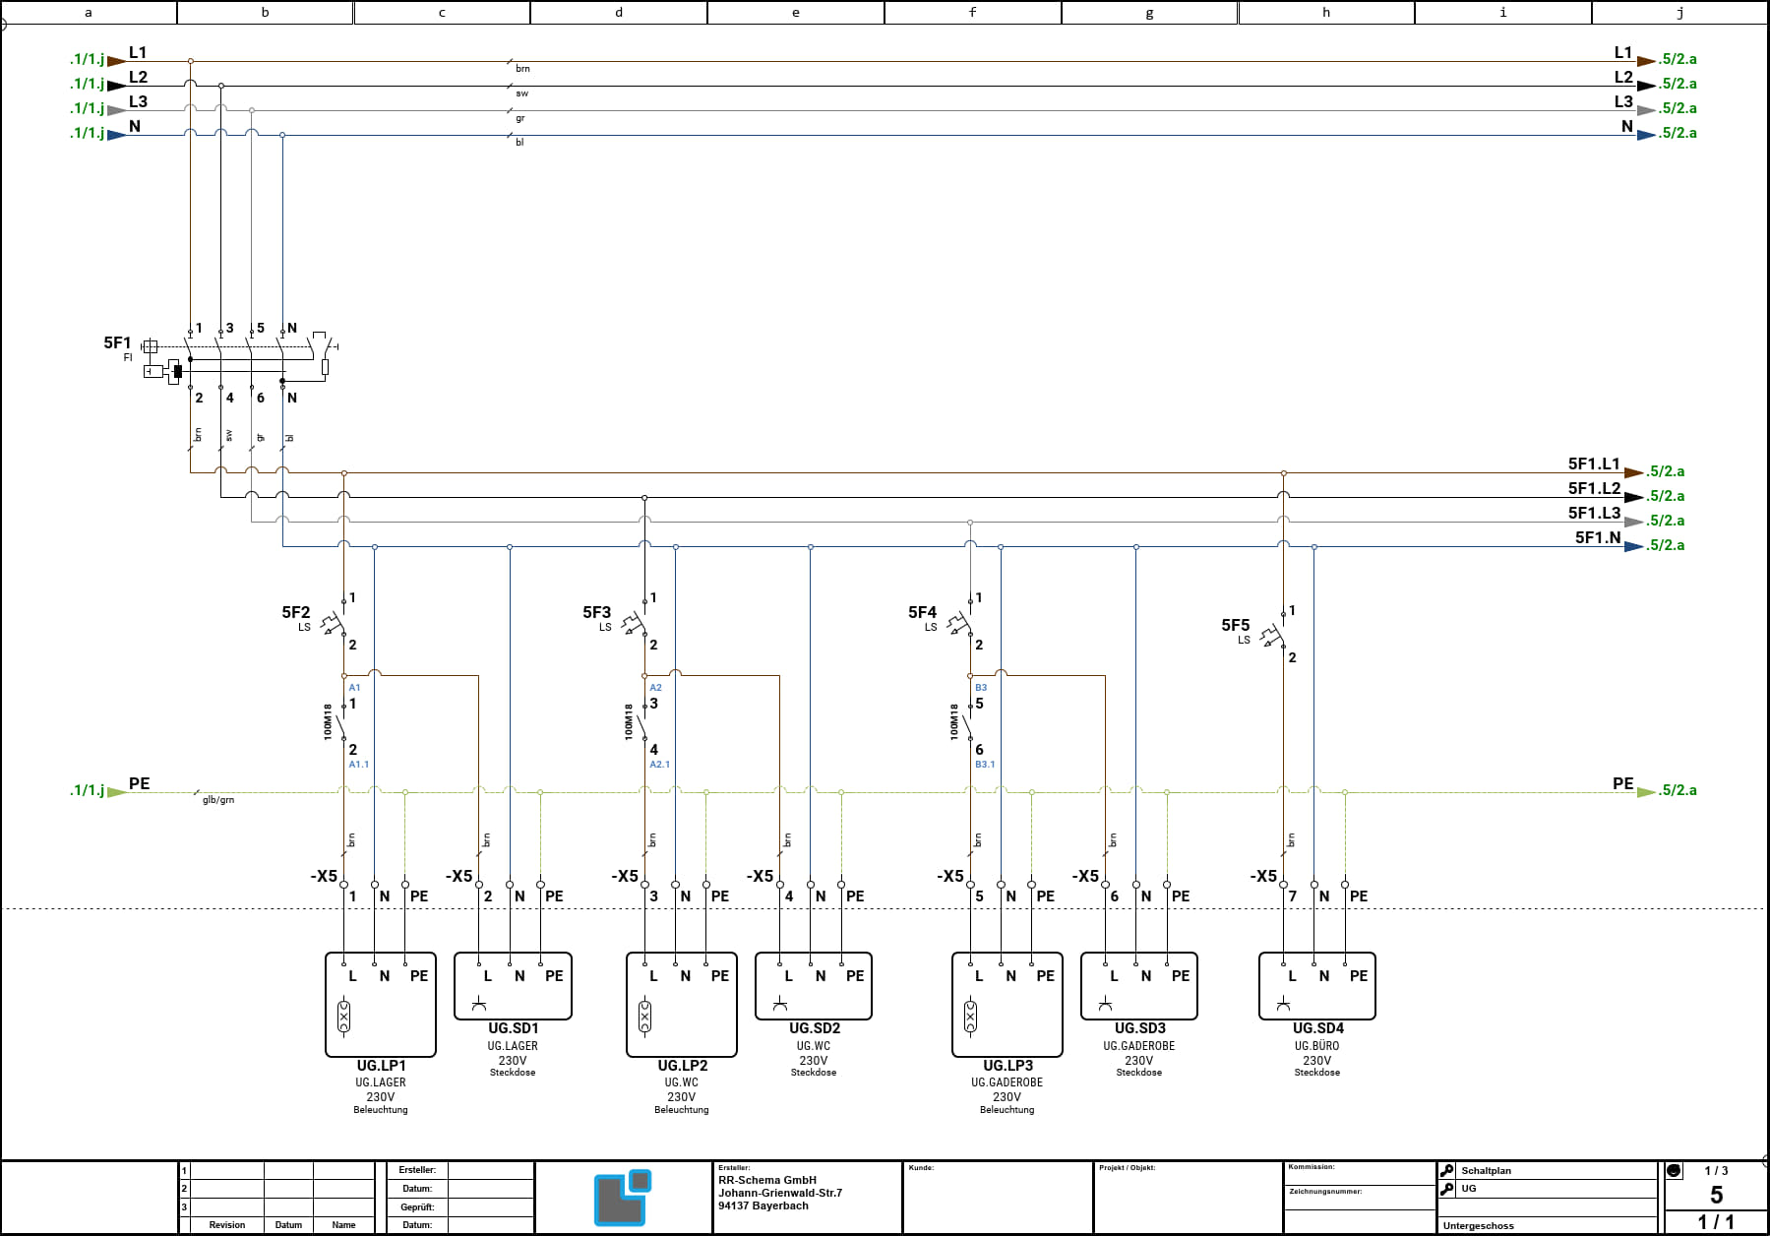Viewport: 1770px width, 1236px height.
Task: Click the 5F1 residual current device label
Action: (117, 342)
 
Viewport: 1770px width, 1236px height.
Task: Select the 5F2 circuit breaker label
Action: (296, 612)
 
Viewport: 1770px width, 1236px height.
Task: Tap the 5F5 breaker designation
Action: (1236, 625)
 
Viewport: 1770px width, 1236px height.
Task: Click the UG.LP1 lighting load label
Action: (381, 1065)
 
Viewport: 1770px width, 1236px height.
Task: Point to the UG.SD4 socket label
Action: (1317, 1027)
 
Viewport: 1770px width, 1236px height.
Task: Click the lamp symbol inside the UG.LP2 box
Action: (644, 1017)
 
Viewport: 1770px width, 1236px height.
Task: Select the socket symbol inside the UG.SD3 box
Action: (1105, 1004)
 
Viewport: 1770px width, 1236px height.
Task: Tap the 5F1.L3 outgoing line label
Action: (1594, 513)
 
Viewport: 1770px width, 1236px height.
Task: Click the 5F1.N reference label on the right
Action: (1598, 537)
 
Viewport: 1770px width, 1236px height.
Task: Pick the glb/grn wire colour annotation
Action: (218, 800)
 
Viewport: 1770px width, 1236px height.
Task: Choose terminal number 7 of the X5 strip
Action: (1293, 896)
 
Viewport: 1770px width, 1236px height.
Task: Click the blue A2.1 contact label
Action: (659, 764)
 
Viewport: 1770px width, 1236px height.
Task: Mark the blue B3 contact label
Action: (981, 687)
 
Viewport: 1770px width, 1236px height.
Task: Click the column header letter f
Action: (972, 12)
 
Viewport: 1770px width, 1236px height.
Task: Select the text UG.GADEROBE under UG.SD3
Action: (1139, 1046)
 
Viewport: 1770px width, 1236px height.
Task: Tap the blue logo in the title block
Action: (623, 1197)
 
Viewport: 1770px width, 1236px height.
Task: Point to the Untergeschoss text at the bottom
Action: (1479, 1225)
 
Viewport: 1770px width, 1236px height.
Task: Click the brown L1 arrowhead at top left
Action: (116, 61)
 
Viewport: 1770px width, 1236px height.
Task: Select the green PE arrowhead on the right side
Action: (1646, 791)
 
